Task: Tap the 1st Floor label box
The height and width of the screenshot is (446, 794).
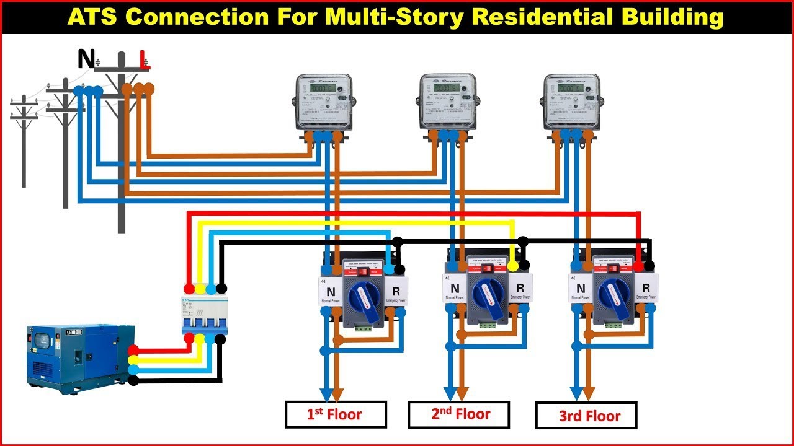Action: coord(336,414)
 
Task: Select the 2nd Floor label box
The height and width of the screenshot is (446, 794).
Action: coord(458,414)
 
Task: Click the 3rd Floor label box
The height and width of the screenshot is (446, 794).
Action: coord(586,416)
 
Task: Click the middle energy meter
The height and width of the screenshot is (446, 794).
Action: coord(447,102)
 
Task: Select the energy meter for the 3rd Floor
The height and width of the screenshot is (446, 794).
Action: coord(571,102)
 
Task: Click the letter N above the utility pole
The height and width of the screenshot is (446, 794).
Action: coord(86,59)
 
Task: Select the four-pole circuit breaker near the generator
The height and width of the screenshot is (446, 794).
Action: coord(205,315)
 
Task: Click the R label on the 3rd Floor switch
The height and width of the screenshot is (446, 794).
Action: coord(646,288)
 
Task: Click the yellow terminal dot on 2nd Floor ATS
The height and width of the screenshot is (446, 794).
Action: coord(513,266)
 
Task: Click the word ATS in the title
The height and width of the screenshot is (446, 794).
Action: coord(96,17)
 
